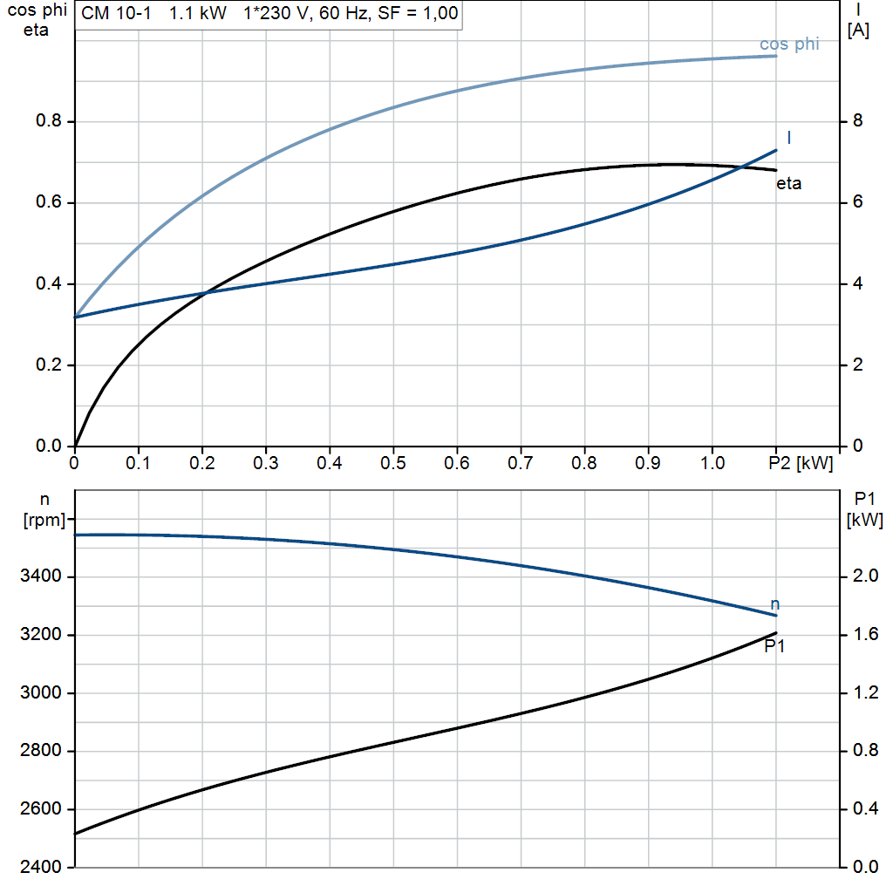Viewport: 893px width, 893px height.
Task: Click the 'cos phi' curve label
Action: tap(788, 44)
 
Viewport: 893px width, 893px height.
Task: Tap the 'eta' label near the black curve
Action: tap(788, 184)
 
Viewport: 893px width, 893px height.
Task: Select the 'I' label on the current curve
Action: tap(789, 138)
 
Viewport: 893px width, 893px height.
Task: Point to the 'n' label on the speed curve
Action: tap(775, 604)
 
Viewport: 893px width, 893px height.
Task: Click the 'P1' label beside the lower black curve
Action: tap(775, 646)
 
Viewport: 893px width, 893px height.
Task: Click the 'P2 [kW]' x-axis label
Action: tap(801, 461)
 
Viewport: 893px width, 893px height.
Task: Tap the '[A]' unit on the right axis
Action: tap(859, 31)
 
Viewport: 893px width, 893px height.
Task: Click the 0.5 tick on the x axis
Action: tap(393, 461)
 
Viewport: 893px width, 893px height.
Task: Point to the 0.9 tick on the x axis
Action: tap(648, 461)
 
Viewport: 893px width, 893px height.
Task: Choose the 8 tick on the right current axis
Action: tap(856, 121)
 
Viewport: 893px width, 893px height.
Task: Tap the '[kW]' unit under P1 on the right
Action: tap(864, 521)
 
